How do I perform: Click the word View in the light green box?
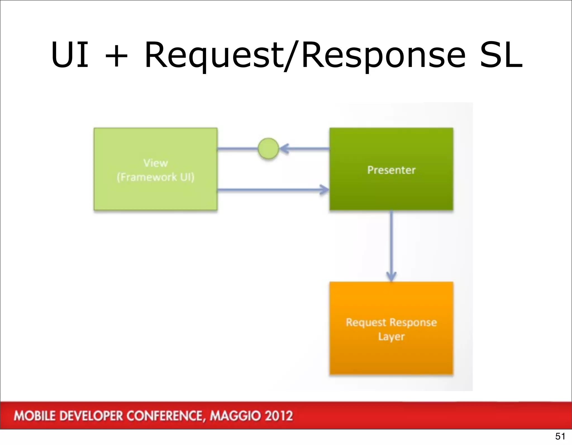[156, 163]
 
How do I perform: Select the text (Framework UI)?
[156, 177]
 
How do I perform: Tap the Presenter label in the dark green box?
[391, 170]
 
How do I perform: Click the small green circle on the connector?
[268, 149]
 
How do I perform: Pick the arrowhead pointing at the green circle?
[284, 149]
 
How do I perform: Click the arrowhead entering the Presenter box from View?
[325, 190]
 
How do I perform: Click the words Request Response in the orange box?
[391, 322]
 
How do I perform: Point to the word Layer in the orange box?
[391, 337]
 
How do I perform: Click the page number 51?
[560, 436]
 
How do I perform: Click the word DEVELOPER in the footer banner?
[92, 416]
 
